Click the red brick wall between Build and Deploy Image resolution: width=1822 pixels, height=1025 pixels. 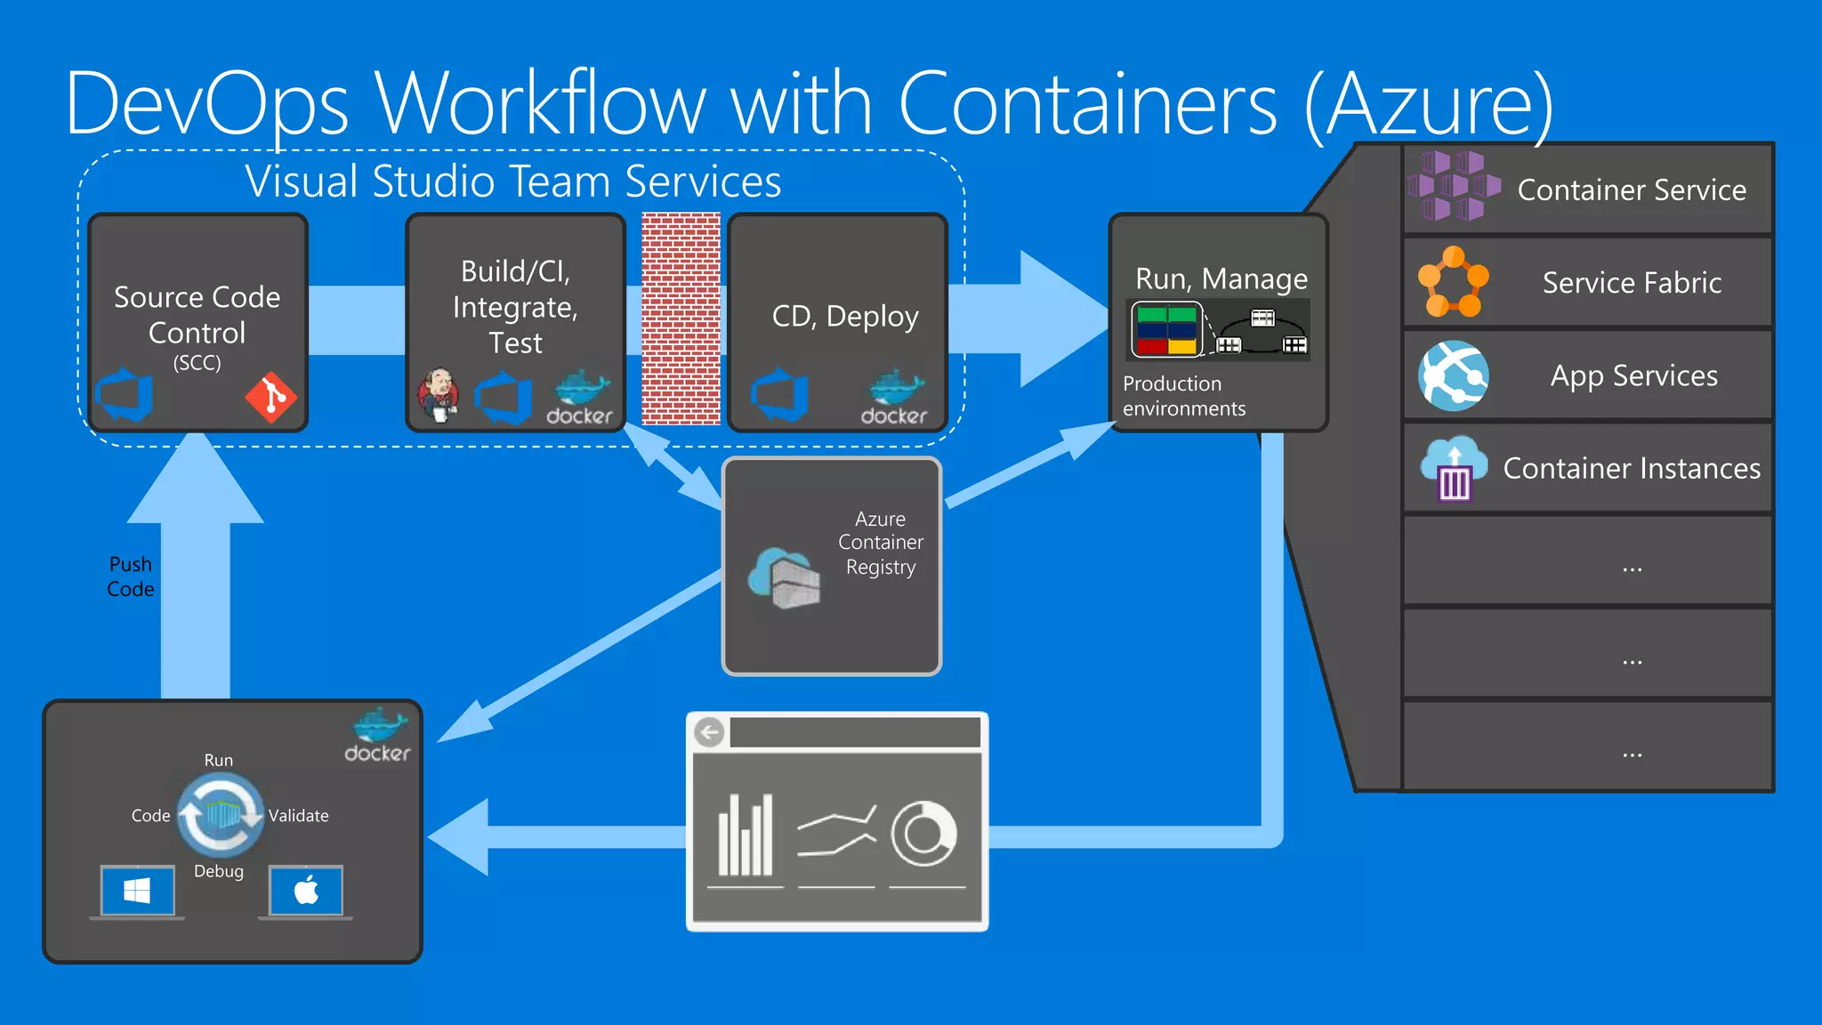coord(681,318)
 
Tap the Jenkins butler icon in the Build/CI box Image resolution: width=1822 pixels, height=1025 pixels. coord(439,395)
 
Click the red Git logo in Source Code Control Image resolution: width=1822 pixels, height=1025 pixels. coord(271,397)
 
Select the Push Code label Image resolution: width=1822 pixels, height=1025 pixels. coord(131,577)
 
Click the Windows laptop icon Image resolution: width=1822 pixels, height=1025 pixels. coord(137,892)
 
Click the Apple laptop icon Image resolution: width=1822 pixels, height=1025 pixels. coord(306,892)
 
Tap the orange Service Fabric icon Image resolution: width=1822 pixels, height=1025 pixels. coord(1453,282)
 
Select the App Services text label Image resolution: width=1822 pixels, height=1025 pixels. coord(1633,375)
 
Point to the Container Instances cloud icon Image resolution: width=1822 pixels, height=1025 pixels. coord(1454,468)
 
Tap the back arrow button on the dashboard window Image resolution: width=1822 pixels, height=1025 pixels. coord(710,733)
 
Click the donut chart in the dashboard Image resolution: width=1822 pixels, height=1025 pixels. coord(923,834)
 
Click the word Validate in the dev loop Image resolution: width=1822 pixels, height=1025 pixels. coord(298,816)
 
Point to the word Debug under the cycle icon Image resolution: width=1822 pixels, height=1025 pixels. coord(218,871)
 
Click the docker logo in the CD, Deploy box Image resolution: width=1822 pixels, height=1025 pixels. coord(894,399)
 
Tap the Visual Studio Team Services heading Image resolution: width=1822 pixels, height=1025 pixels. coord(513,182)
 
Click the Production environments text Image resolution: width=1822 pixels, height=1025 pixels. coord(1183,396)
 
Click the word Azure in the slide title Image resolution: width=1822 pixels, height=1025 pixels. coord(1429,105)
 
